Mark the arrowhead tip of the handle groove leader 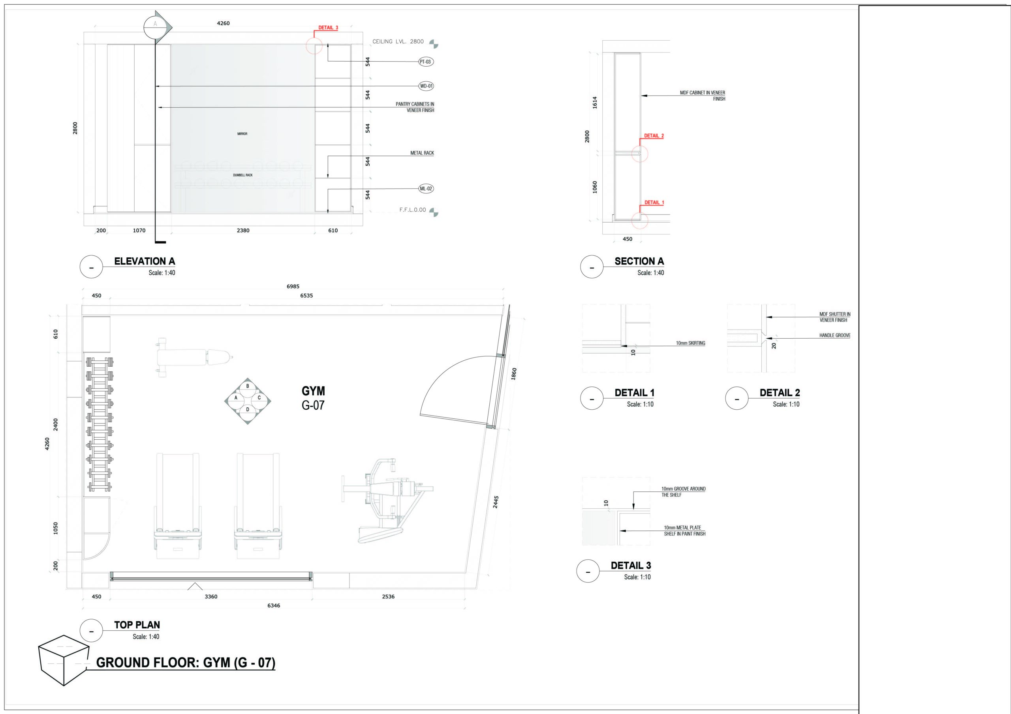pos(767,338)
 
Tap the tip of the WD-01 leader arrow pos(156,86)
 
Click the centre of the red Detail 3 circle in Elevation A pos(314,45)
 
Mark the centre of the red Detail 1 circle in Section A pos(640,221)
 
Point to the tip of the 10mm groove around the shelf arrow pos(633,509)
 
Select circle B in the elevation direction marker pos(248,386)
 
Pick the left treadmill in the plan pos(178,506)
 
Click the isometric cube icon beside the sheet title pos(64,660)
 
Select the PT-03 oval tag pos(425,62)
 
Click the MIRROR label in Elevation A pos(242,134)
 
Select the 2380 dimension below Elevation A pos(243,230)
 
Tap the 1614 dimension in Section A pos(595,103)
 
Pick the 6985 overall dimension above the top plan pos(293,286)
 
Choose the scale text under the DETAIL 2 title pos(786,404)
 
